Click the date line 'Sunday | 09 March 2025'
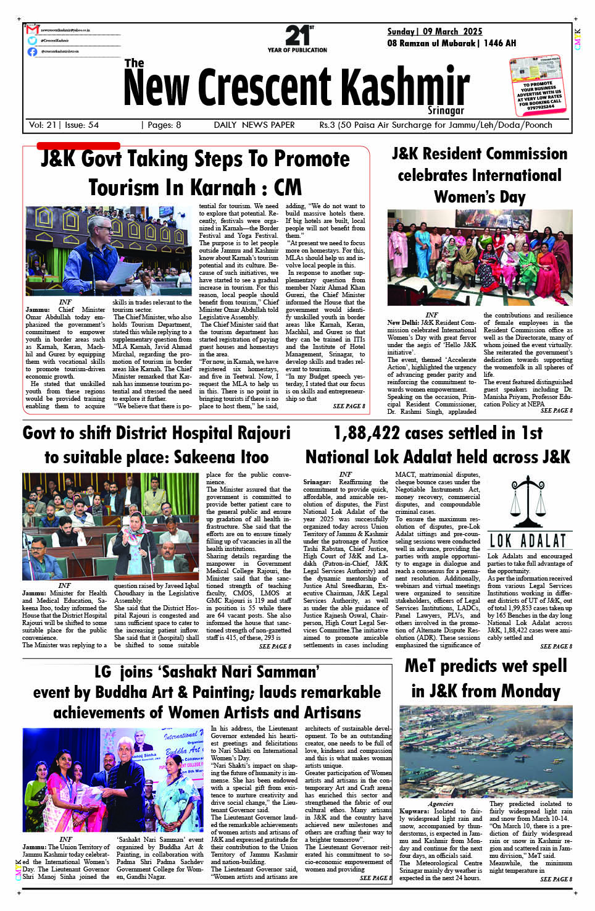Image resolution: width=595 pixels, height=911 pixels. pyautogui.click(x=435, y=31)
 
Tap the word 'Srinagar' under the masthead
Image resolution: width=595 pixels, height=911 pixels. pyautogui.click(x=446, y=111)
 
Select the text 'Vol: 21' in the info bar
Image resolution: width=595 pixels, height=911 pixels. pyautogui.click(x=43, y=125)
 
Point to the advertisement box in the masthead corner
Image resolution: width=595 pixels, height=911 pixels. pyautogui.click(x=537, y=83)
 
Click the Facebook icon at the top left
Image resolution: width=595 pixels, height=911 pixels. pyautogui.click(x=32, y=51)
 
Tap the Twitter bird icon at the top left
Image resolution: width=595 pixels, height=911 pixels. pyautogui.click(x=32, y=40)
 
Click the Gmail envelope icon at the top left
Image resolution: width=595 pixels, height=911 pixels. pyautogui.click(x=32, y=30)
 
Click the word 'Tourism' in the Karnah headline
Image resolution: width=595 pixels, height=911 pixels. pyautogui.click(x=128, y=187)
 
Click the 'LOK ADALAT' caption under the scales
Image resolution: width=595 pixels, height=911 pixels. pyautogui.click(x=528, y=541)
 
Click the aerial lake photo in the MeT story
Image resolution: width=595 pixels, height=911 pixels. pyautogui.click(x=486, y=750)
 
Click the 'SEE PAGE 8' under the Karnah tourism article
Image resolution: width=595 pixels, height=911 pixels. pyautogui.click(x=349, y=406)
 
